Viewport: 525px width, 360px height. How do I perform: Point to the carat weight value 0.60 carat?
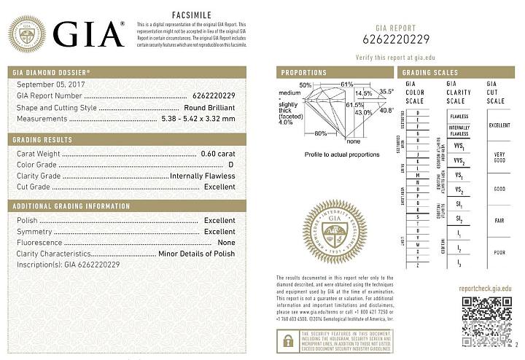pos(218,153)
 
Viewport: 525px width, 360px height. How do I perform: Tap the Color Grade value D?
pos(231,165)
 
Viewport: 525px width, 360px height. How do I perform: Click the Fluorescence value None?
pos(226,242)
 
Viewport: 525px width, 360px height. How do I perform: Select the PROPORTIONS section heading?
pos(304,73)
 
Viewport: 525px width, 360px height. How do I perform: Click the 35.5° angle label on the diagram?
pos(386,91)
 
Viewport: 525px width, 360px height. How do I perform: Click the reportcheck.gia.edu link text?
pos(481,289)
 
